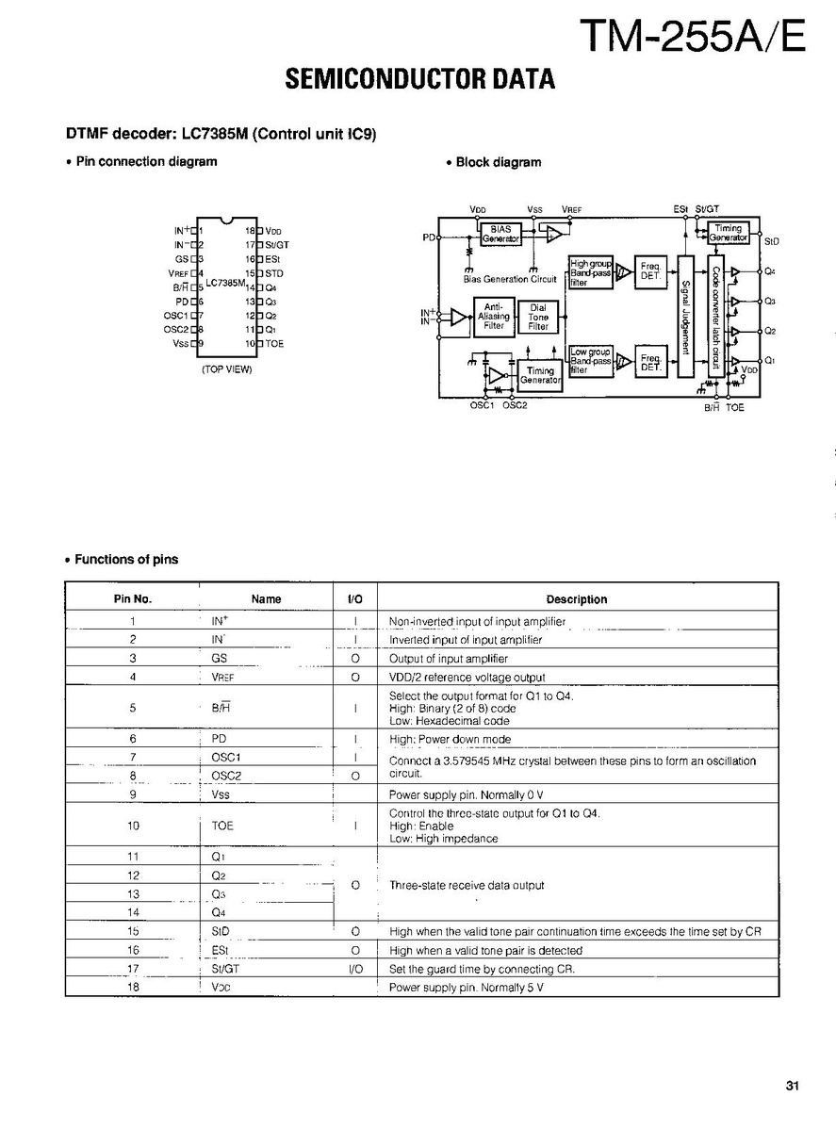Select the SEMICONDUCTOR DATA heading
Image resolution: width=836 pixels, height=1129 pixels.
(419, 80)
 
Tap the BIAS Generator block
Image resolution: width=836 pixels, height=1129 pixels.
(500, 234)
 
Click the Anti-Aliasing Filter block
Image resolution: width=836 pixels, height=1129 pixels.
(494, 317)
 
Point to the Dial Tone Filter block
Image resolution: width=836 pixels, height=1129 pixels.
(538, 317)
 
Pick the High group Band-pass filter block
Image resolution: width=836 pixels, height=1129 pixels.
(590, 271)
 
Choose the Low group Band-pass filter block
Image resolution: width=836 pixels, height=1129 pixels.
(590, 361)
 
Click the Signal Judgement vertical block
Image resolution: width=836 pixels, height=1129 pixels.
(685, 316)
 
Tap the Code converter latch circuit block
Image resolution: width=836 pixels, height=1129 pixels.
(716, 316)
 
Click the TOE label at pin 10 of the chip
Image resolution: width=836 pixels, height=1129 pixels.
(274, 344)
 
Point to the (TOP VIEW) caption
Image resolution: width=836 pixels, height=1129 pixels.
(226, 369)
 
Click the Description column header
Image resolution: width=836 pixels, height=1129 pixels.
(577, 599)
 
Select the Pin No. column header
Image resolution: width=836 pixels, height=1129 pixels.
(133, 599)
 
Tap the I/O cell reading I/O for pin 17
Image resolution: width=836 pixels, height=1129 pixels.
(355, 969)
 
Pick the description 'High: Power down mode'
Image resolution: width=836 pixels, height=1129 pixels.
(451, 740)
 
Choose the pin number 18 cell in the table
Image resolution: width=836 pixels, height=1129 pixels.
(133, 988)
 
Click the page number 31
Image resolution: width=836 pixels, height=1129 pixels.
(792, 1086)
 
